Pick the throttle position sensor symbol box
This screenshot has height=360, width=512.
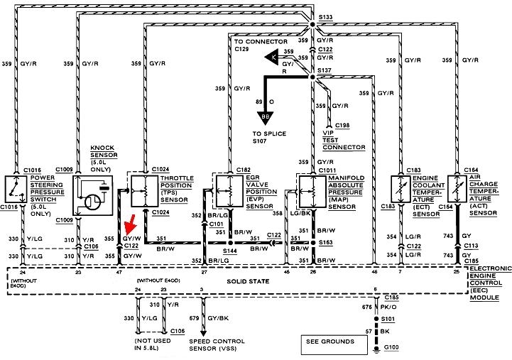point(146,188)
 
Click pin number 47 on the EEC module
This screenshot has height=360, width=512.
point(119,272)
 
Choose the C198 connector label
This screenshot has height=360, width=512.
point(343,125)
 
